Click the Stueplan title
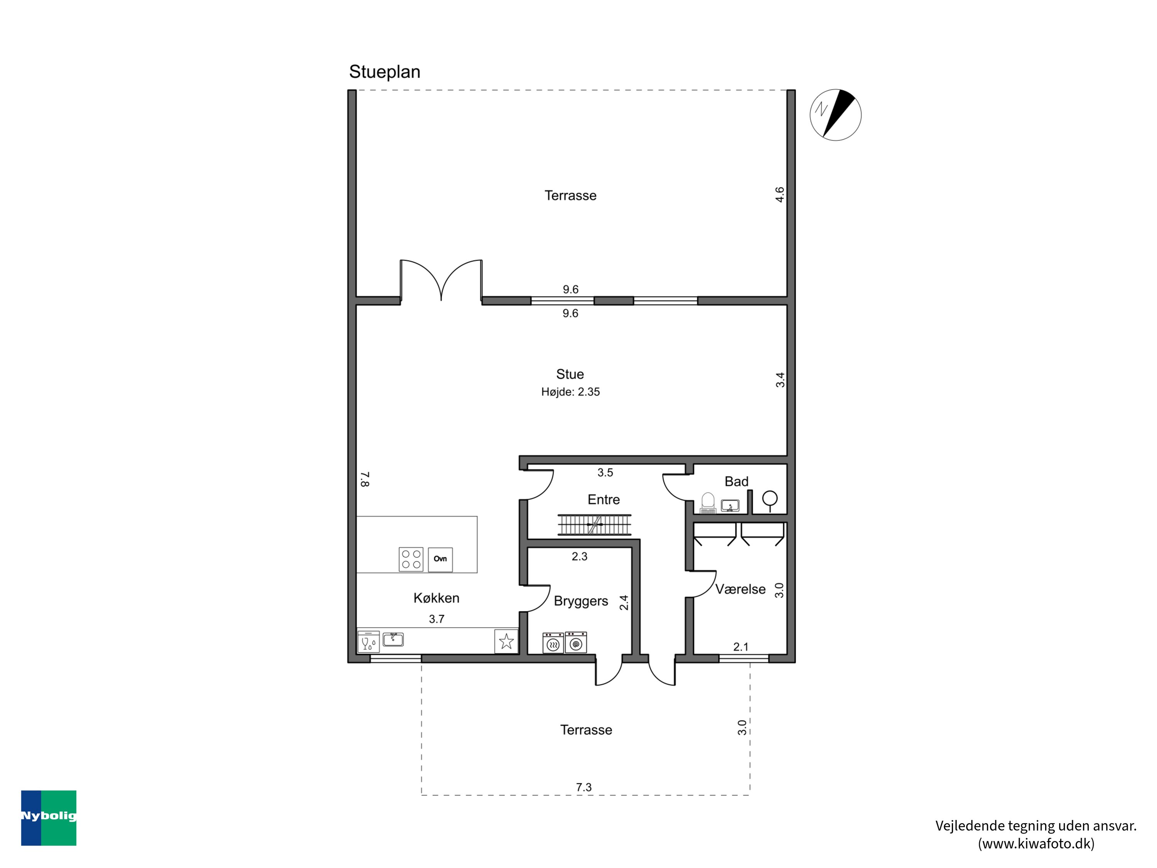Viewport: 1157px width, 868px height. click(385, 72)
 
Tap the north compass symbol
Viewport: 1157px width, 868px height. click(835, 115)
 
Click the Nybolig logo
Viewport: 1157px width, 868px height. click(49, 818)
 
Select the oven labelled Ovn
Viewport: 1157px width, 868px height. click(440, 559)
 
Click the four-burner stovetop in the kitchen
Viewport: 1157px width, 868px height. click(411, 559)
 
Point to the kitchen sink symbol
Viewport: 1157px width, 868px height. click(393, 639)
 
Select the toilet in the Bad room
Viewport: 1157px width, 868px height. click(708, 502)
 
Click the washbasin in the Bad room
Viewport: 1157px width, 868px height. click(730, 506)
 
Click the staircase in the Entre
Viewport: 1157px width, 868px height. click(594, 524)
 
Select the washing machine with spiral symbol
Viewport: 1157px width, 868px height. click(576, 642)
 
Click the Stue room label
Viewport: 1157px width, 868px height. click(570, 374)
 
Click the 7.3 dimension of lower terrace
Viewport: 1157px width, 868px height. click(584, 787)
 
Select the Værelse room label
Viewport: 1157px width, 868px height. click(740, 589)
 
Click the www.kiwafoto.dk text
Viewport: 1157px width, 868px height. click(1036, 843)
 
